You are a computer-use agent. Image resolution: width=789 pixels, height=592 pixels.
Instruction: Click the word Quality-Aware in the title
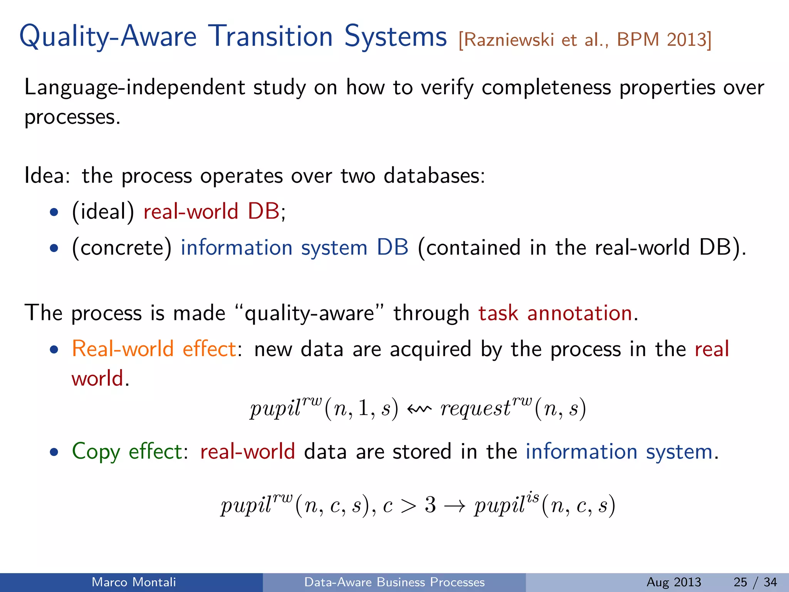point(108,37)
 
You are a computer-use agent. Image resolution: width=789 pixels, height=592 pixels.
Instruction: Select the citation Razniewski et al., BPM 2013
point(585,40)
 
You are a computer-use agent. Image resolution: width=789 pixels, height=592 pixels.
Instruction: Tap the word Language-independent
point(134,87)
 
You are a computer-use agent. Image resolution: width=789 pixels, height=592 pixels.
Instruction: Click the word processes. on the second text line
point(72,118)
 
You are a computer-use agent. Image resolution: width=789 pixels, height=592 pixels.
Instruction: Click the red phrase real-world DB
point(211,211)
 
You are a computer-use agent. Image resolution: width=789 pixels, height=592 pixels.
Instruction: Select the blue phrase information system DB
point(294,247)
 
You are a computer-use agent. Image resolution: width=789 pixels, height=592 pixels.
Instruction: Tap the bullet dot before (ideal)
point(54,212)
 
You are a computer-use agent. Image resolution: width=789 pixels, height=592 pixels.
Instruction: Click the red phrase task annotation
point(555,313)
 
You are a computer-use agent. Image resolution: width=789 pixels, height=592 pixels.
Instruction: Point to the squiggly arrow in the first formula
point(419,409)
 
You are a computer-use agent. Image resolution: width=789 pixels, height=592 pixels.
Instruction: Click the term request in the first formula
point(475,409)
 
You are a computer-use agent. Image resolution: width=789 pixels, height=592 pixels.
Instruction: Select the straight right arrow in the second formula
point(455,506)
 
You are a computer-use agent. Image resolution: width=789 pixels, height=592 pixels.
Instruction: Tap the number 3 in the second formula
point(430,505)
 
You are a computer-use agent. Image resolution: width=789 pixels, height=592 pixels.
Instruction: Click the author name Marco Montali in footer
point(134,582)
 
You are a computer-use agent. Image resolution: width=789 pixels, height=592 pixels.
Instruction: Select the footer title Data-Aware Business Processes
point(394,582)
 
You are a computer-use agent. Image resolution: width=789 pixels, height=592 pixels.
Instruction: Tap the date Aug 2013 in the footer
point(673,582)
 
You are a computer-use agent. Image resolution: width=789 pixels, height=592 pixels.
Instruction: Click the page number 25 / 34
point(755,582)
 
